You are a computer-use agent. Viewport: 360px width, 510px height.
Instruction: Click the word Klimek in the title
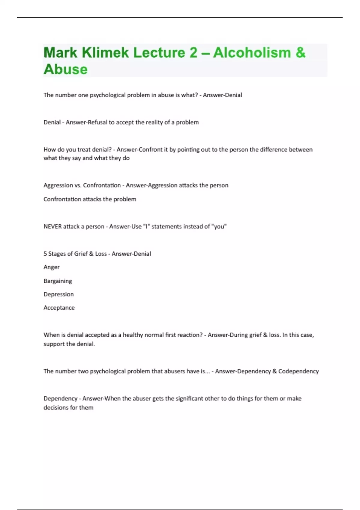click(105, 53)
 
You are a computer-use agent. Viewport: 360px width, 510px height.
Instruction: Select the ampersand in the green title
click(300, 53)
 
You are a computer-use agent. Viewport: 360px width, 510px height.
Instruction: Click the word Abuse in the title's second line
click(66, 69)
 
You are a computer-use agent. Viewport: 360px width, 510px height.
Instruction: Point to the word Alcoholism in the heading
click(252, 53)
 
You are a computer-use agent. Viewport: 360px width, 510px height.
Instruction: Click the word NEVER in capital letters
click(53, 226)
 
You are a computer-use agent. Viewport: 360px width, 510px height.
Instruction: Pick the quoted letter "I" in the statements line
click(147, 226)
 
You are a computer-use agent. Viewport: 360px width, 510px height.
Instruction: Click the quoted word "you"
click(219, 226)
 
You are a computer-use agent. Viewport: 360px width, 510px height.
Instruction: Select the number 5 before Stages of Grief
click(45, 254)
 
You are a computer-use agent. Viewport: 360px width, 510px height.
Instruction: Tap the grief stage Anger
click(52, 267)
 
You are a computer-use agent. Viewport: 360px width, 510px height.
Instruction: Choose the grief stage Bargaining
click(58, 281)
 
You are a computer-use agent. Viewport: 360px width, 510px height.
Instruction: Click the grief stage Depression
click(58, 294)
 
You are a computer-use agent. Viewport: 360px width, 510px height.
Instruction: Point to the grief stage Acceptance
click(59, 308)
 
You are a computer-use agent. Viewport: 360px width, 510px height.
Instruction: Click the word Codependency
click(298, 371)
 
